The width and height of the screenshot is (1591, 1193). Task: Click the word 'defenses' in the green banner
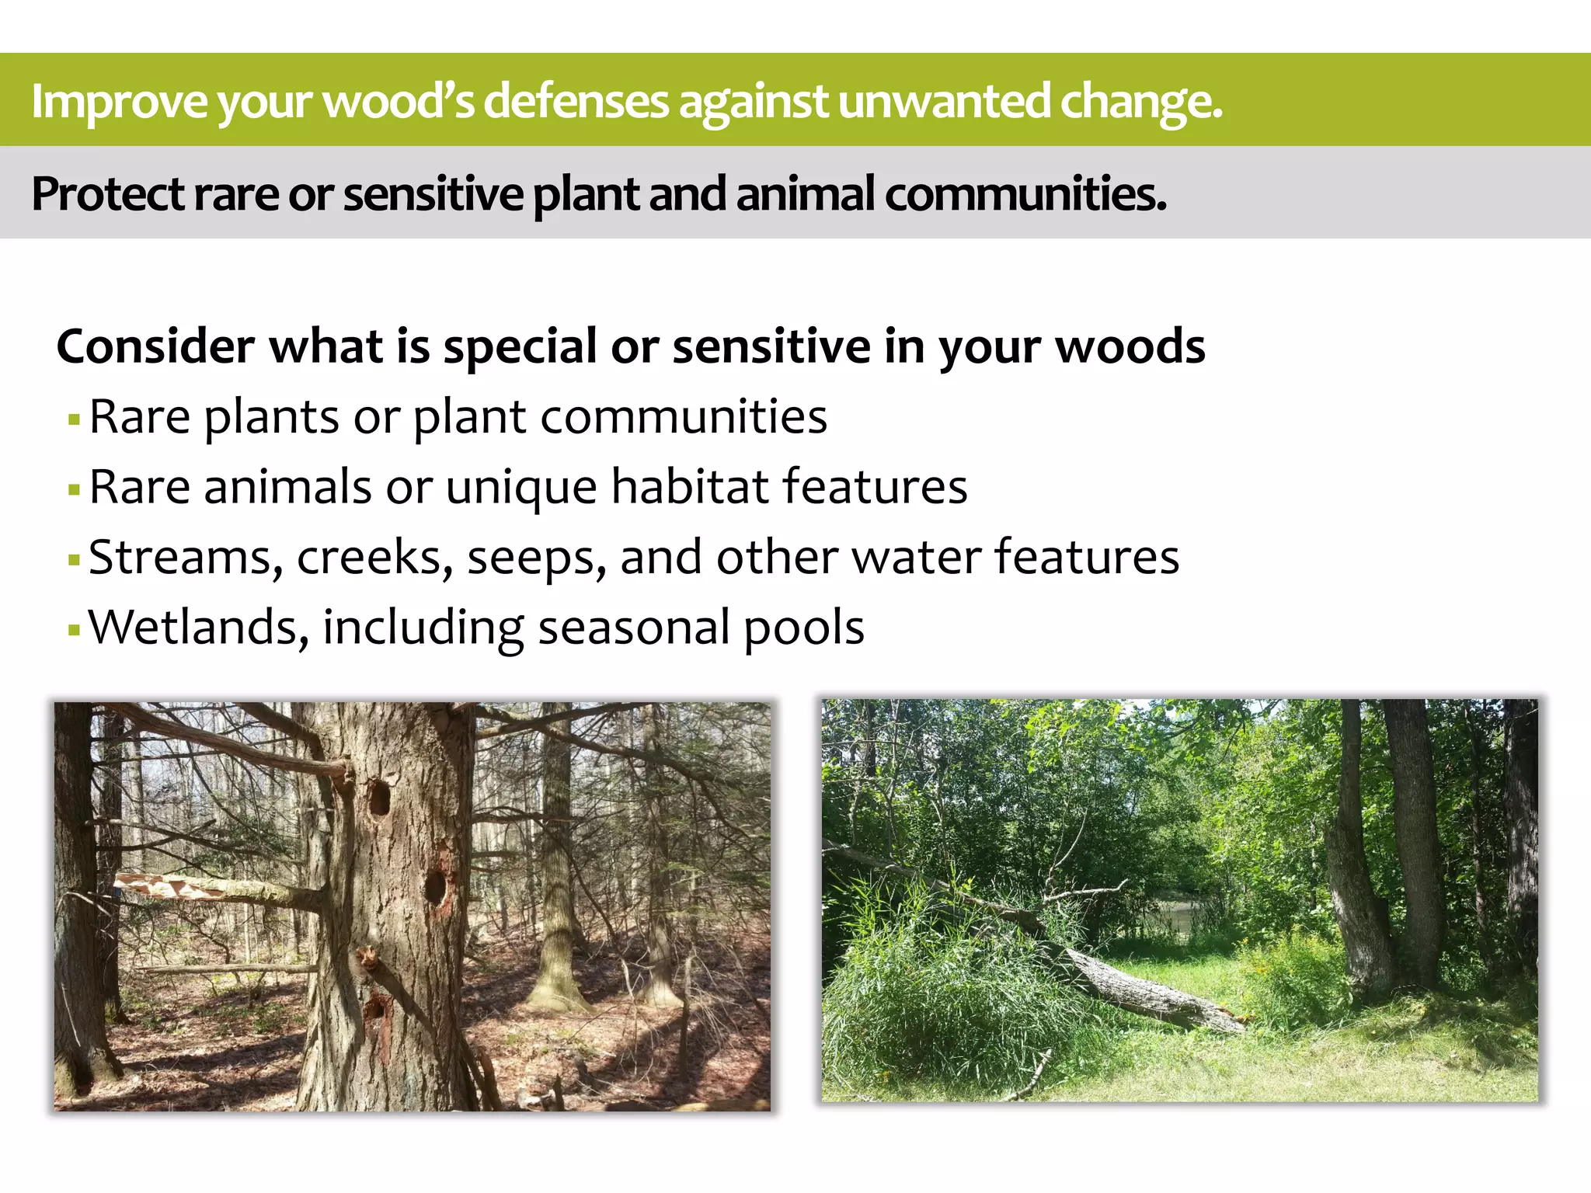576,101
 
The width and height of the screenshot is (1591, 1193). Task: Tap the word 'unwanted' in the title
944,101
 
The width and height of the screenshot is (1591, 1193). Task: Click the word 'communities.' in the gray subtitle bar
1025,193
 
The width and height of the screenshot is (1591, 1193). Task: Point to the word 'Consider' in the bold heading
155,346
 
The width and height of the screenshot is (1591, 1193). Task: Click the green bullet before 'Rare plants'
75,420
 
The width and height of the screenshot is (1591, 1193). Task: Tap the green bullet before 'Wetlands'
75,630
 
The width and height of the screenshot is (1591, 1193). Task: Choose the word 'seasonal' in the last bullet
634,628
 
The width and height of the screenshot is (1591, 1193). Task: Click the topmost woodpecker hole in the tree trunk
379,798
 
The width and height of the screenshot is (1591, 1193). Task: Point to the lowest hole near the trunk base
377,1007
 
